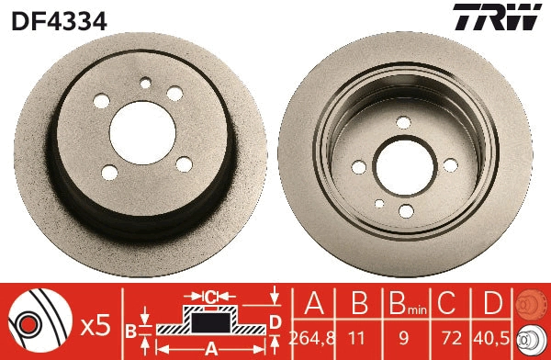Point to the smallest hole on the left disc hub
click(x=144, y=83)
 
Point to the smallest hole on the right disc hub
click(x=379, y=204)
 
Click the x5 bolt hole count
click(x=95, y=323)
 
